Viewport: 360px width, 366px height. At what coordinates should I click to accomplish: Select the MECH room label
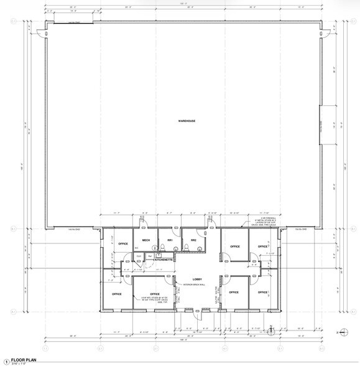[146, 241]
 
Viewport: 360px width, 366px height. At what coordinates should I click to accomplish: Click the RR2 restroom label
[194, 241]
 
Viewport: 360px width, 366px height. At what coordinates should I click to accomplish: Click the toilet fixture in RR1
[162, 250]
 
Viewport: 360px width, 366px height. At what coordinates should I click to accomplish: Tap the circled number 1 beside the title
[6, 360]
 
